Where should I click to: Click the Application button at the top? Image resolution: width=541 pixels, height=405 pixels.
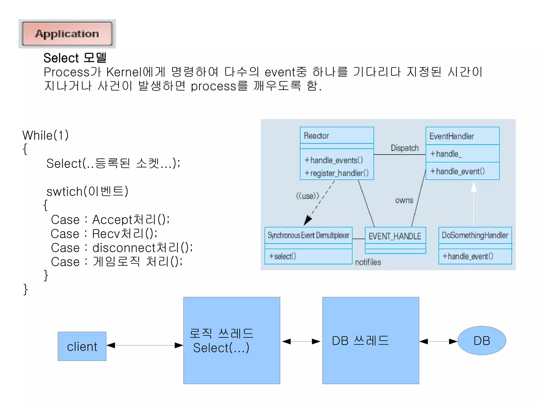click(x=67, y=34)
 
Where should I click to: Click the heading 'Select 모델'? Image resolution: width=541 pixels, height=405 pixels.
click(x=75, y=58)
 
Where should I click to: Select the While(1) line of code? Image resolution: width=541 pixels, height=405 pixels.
click(x=45, y=135)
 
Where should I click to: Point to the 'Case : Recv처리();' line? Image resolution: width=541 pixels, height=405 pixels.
click(x=104, y=234)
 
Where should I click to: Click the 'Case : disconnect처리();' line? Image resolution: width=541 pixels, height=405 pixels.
click(x=122, y=248)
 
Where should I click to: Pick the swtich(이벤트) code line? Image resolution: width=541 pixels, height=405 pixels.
click(x=87, y=192)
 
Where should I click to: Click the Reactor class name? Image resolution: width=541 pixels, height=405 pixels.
click(x=316, y=136)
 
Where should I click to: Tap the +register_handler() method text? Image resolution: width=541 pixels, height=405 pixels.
click(x=337, y=173)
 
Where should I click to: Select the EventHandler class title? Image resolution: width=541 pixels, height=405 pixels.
click(x=451, y=136)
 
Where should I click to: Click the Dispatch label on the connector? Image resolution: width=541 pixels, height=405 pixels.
click(x=404, y=148)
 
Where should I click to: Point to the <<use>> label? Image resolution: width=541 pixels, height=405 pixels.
click(x=307, y=196)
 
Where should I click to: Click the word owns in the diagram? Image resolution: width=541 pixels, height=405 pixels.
click(x=404, y=200)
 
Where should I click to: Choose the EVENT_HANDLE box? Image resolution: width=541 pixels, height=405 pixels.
click(x=395, y=236)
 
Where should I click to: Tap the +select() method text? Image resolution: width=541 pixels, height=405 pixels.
click(x=282, y=256)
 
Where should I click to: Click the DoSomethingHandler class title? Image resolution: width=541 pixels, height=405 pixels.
click(x=475, y=235)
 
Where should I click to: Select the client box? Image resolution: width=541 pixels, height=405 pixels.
click(x=82, y=346)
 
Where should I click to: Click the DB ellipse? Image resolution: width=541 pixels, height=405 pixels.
click(x=482, y=341)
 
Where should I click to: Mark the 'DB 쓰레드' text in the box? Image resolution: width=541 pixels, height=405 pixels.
click(x=360, y=341)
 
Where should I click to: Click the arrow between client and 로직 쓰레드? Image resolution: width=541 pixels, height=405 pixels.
click(x=145, y=345)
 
